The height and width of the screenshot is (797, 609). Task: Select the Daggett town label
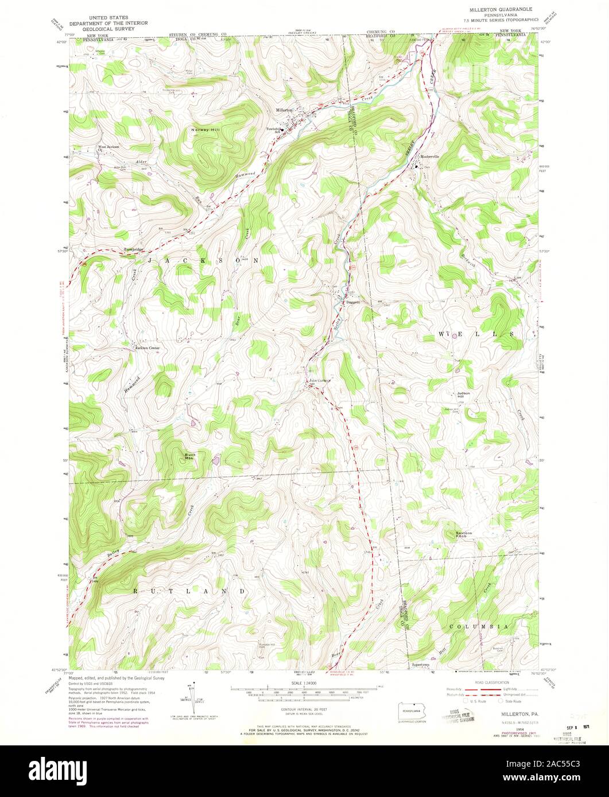[352, 302]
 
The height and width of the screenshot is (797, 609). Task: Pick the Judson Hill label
[464, 394]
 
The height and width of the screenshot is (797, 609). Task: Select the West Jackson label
[108, 147]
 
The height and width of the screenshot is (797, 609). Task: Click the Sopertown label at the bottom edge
[421, 665]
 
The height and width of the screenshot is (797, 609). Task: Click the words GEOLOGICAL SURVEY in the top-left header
[102, 28]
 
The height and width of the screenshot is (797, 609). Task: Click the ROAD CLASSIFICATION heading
[488, 682]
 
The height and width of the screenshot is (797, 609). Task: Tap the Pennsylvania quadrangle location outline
[411, 713]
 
